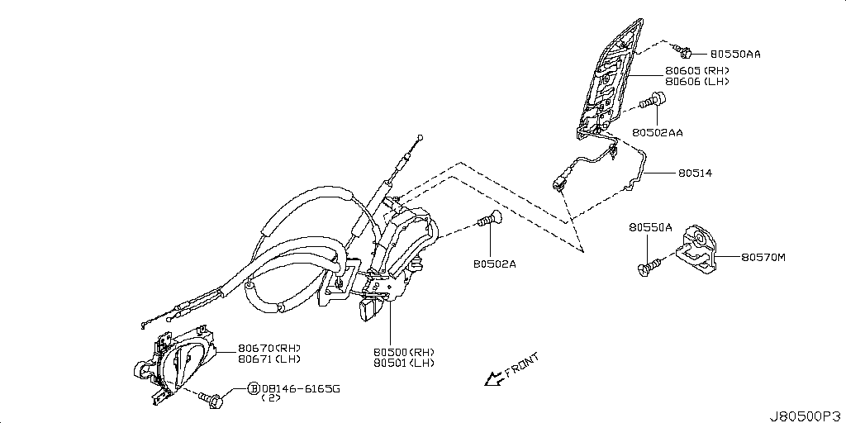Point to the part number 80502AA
click(x=658, y=132)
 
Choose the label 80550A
click(x=650, y=227)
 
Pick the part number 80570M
click(x=763, y=258)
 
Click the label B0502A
click(x=495, y=264)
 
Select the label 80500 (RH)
click(x=403, y=351)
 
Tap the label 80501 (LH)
click(x=403, y=363)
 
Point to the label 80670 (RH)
click(x=269, y=348)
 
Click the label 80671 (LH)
click(x=269, y=359)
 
